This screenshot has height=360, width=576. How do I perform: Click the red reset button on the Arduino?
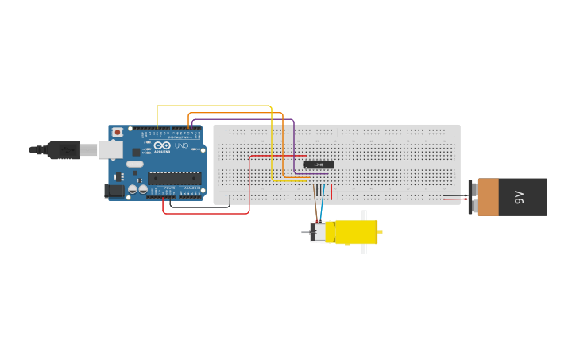coord(118,132)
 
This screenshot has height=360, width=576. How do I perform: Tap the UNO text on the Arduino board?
coord(182,146)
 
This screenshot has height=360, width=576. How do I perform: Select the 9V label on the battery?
coord(520,196)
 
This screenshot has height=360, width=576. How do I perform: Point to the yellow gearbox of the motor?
coord(354,231)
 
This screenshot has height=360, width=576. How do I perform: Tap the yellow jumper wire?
coord(215,106)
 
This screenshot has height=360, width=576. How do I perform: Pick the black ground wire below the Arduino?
coord(199,207)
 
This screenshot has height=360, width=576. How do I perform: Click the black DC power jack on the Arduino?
coord(114,191)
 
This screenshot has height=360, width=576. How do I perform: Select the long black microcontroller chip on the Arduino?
coord(174,178)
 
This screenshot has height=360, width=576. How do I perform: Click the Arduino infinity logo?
coord(163,146)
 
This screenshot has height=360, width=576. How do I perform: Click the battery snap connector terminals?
coord(472,196)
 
